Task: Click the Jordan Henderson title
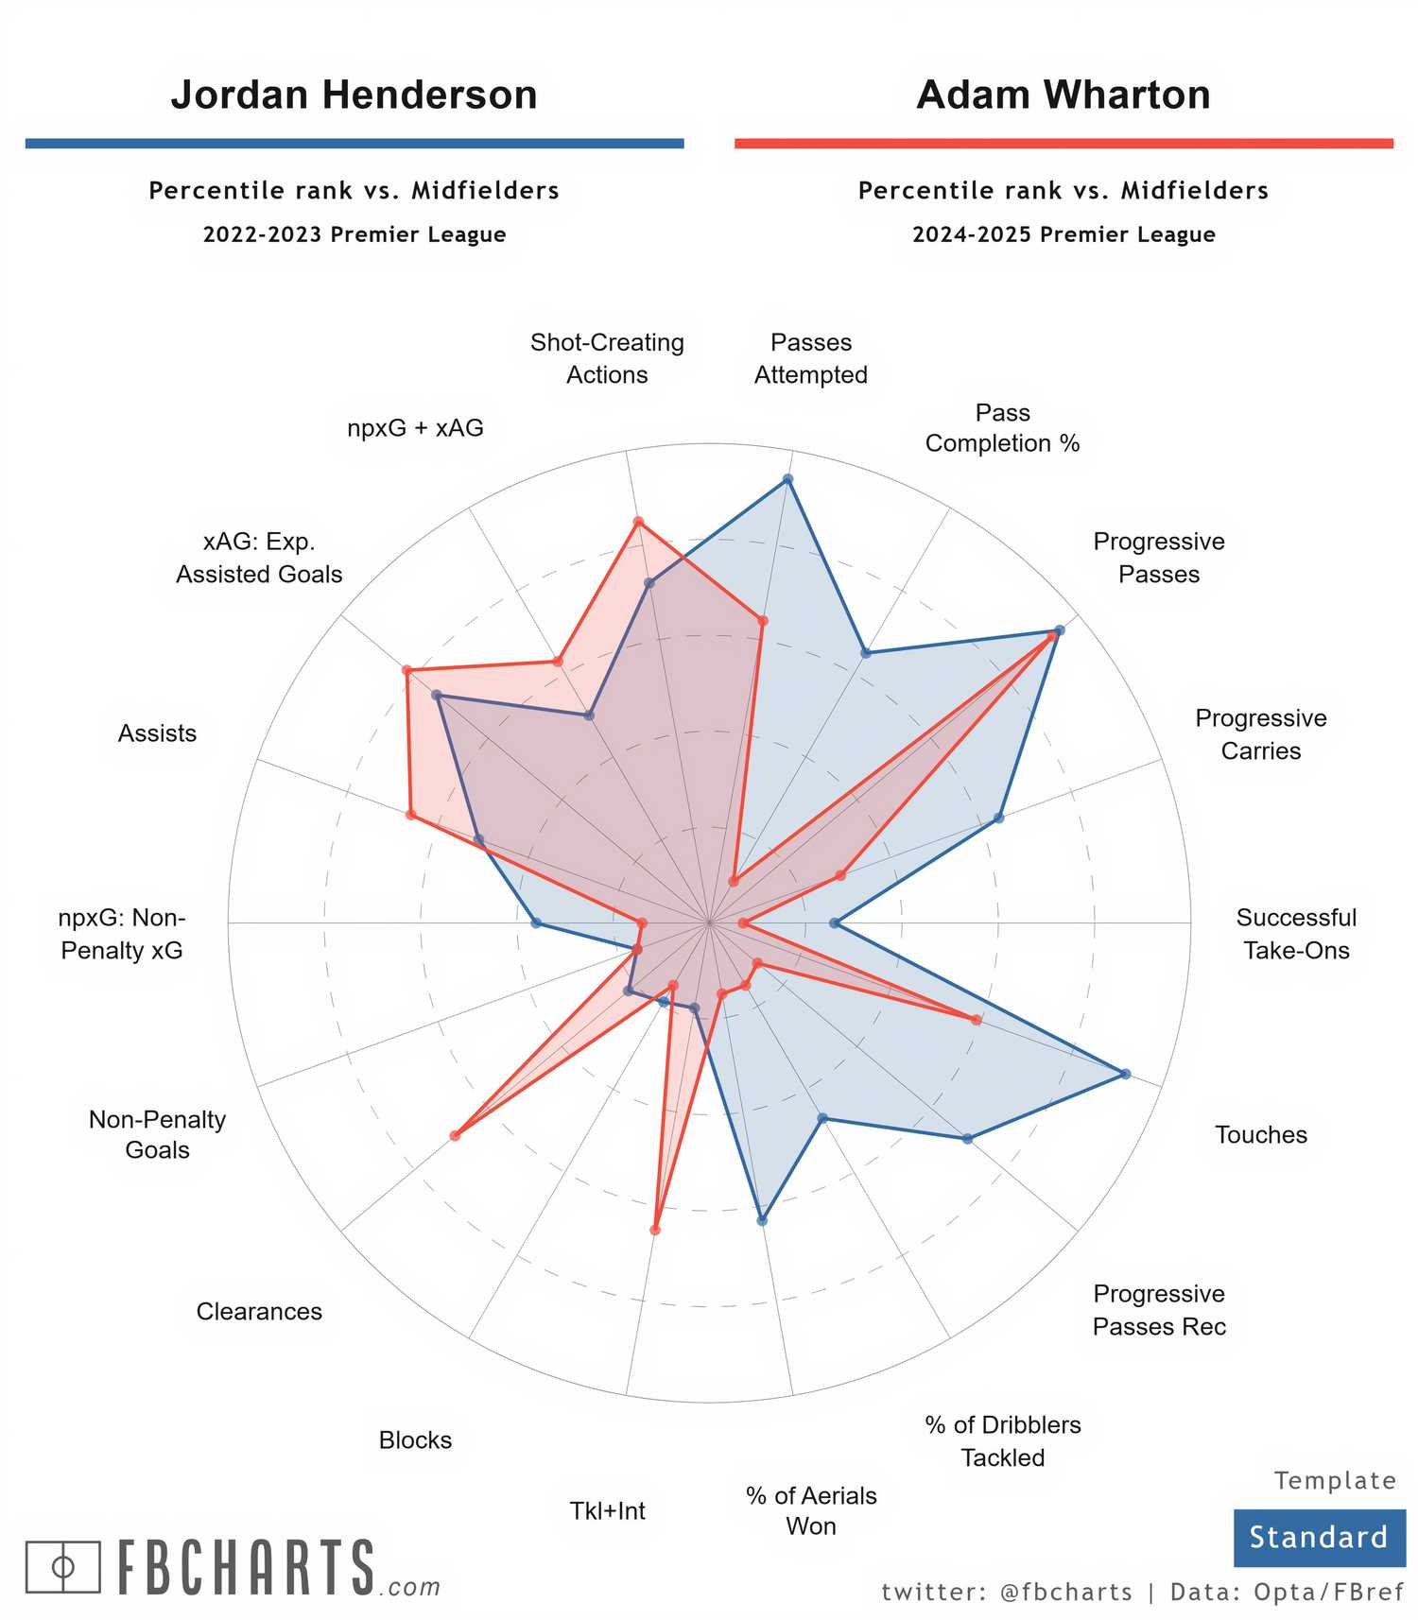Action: pyautogui.click(x=354, y=95)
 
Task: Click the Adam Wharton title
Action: pyautogui.click(x=1063, y=95)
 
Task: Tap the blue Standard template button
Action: pyautogui.click(x=1318, y=1537)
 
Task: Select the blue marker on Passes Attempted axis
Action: pyautogui.click(x=788, y=480)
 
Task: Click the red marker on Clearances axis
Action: pyautogui.click(x=455, y=1135)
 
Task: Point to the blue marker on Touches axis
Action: pyautogui.click(x=1125, y=1074)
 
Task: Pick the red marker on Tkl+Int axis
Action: pyautogui.click(x=655, y=1230)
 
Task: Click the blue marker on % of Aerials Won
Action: pyautogui.click(x=762, y=1220)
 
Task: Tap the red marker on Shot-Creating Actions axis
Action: pyautogui.click(x=638, y=522)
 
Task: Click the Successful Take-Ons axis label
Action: pyautogui.click(x=1295, y=934)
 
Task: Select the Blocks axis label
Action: pyautogui.click(x=415, y=1439)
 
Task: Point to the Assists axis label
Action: pyautogui.click(x=157, y=733)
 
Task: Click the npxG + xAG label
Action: pyautogui.click(x=415, y=428)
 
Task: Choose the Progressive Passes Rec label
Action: pyautogui.click(x=1158, y=1310)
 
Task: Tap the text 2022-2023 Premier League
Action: pyautogui.click(x=354, y=234)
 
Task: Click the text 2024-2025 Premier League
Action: pyautogui.click(x=1063, y=234)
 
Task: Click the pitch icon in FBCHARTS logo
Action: pyautogui.click(x=62, y=1568)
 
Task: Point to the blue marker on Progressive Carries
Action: pyautogui.click(x=999, y=818)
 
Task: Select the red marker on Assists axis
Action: pyautogui.click(x=410, y=814)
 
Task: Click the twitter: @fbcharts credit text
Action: pyautogui.click(x=1006, y=1593)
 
